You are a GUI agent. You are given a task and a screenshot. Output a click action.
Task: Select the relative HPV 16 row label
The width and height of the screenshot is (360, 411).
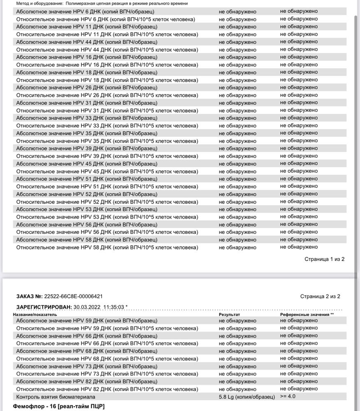107,65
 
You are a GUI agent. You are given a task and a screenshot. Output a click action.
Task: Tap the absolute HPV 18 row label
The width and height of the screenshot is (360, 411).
86,72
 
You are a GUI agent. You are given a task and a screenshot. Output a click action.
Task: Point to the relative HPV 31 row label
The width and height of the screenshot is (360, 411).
107,111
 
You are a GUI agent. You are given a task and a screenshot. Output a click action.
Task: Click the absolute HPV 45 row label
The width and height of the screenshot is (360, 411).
86,164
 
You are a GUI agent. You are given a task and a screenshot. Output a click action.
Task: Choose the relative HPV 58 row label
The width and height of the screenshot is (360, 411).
107,247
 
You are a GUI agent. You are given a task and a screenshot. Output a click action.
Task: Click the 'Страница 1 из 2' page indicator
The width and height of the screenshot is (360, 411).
324,259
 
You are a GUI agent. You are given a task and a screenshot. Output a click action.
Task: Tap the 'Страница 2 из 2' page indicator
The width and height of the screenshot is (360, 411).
320,296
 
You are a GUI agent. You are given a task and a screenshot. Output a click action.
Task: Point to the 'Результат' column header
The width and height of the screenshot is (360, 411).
229,314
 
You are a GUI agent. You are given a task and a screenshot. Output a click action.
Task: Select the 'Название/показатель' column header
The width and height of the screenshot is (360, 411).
35,314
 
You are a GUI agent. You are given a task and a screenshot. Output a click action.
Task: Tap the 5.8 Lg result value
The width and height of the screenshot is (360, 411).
246,397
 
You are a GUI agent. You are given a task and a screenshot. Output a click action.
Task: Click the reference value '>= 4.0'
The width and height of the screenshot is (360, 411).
288,396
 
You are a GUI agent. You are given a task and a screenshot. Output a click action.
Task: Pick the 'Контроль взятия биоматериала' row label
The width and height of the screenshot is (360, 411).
56,397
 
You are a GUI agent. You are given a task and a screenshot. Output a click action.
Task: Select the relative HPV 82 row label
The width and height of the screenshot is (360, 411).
107,389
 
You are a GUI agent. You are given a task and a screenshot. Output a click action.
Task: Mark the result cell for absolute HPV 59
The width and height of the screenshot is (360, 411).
237,321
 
